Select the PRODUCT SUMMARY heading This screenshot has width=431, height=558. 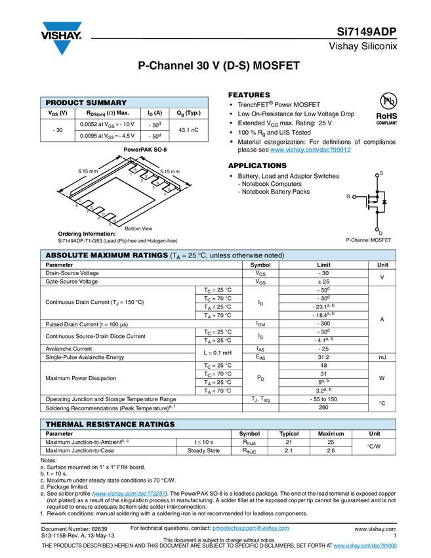click(86, 103)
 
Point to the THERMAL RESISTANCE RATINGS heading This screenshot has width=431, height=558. click(110, 425)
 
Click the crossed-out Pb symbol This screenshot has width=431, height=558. click(388, 101)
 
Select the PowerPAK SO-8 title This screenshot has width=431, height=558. click(145, 150)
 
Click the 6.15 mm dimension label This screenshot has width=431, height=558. click(87, 171)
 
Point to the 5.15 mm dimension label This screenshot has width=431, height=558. click(170, 171)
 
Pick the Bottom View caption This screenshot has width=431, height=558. click(138, 228)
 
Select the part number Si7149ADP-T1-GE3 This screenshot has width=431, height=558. click(83, 241)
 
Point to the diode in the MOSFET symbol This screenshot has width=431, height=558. click(384, 202)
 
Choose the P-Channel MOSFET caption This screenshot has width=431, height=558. click(369, 241)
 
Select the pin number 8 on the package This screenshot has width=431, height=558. click(77, 206)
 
